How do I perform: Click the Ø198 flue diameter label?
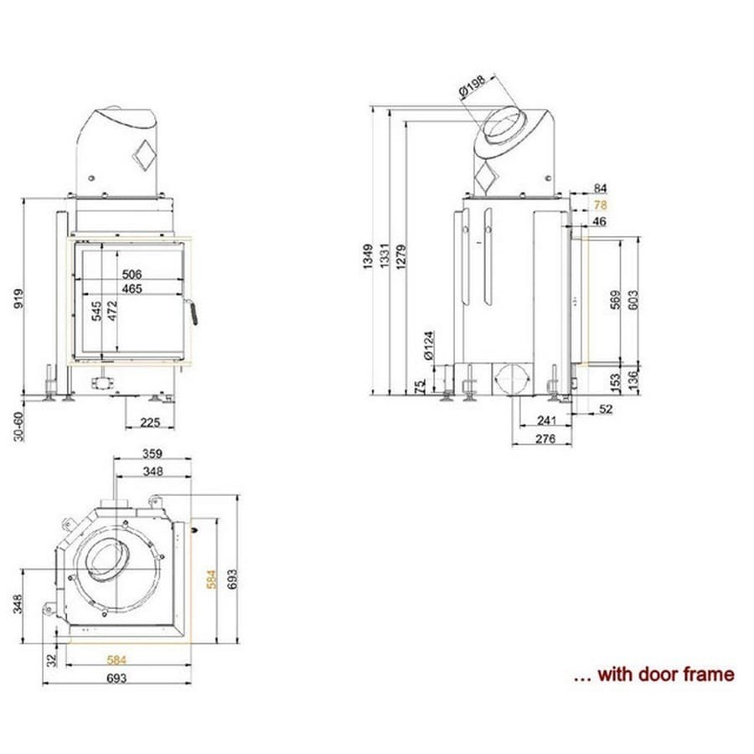pos(473,86)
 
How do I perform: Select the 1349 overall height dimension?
pos(368,257)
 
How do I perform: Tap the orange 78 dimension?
pos(600,205)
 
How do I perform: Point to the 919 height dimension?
pos(18,298)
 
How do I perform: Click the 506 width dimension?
pos(132,274)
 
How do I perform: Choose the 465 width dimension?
pos(132,289)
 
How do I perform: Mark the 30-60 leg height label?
pos(18,426)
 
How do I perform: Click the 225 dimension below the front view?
pos(150,422)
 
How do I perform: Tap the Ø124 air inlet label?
pos(429,345)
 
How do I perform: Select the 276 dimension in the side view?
pos(545,438)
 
